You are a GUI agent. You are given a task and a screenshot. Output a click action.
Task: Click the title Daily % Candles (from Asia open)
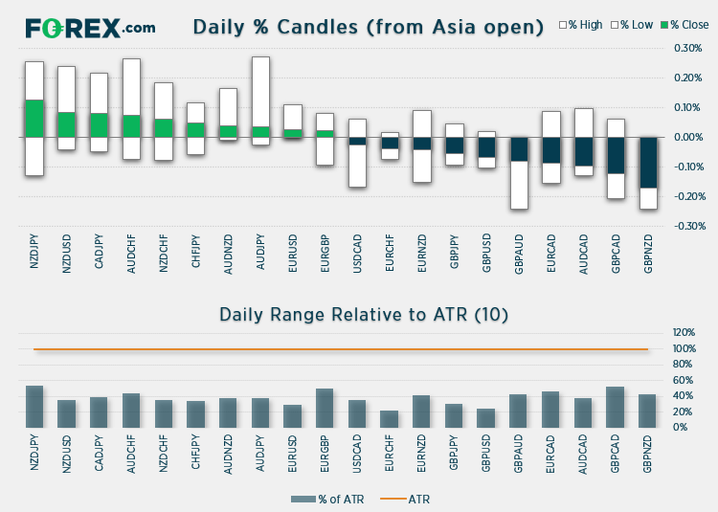click(x=368, y=27)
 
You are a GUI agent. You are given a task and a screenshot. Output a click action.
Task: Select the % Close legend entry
click(x=684, y=24)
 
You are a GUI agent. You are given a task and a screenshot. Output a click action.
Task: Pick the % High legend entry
click(x=580, y=24)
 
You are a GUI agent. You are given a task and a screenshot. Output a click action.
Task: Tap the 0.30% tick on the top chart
click(x=687, y=48)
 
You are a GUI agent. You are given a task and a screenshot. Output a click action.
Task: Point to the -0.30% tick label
click(x=686, y=226)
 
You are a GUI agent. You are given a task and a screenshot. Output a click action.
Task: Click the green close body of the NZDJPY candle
click(x=34, y=119)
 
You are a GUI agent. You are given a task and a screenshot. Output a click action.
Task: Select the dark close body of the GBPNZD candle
click(x=649, y=163)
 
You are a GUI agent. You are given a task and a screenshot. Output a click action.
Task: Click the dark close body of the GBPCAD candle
click(x=617, y=155)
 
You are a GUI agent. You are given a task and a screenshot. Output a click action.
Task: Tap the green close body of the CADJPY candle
click(x=99, y=125)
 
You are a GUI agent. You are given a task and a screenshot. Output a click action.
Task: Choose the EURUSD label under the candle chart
click(x=294, y=256)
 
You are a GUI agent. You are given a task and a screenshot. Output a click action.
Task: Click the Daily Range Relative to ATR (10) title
click(x=364, y=314)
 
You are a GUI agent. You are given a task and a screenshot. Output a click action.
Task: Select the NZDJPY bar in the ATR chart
click(x=34, y=407)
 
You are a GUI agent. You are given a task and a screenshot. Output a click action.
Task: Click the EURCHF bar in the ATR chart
click(x=389, y=419)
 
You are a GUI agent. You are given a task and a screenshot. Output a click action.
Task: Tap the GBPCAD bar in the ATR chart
click(x=617, y=407)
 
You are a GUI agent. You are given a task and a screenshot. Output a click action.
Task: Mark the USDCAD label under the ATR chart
click(x=358, y=451)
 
